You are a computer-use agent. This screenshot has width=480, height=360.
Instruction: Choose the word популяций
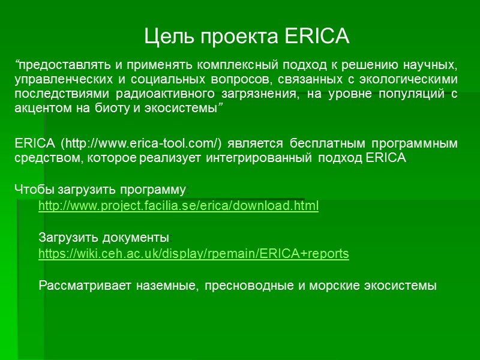410,94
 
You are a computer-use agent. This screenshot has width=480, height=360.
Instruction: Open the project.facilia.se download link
178,206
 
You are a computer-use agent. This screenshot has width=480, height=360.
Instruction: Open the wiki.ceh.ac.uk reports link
193,254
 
